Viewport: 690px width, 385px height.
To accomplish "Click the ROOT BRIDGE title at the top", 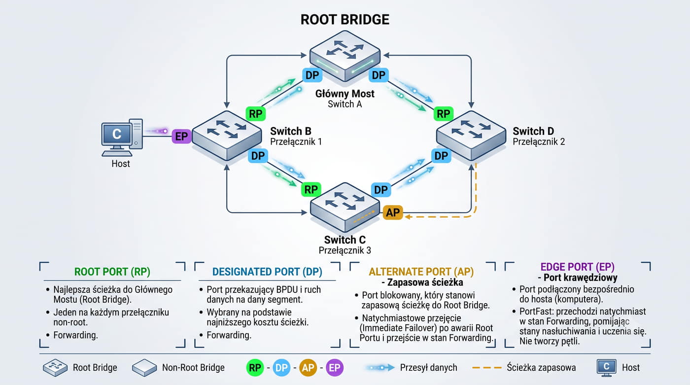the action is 345,19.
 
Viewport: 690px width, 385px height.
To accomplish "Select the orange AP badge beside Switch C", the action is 393,212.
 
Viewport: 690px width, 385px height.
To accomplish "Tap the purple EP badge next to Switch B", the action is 181,136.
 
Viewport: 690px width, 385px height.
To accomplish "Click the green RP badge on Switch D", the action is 443,114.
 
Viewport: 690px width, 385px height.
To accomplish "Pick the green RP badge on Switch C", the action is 311,189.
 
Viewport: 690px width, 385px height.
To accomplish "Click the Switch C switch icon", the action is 345,207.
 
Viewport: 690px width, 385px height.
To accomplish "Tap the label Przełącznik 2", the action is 539,141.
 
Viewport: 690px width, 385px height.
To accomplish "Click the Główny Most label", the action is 345,94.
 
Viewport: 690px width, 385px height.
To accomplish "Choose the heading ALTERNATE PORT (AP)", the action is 421,272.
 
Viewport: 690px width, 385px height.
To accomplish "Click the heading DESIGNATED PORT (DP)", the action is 267,272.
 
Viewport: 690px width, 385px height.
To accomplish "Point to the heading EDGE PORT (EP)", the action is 578,267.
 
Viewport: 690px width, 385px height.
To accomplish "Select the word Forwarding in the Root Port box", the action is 75,335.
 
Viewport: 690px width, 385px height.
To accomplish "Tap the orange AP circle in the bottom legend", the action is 308,367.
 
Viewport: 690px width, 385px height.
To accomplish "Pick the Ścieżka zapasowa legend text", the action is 541,367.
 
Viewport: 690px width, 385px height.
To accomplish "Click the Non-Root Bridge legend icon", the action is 144,367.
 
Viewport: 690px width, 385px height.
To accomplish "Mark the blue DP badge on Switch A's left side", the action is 312,75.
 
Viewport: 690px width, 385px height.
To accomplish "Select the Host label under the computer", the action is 120,164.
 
